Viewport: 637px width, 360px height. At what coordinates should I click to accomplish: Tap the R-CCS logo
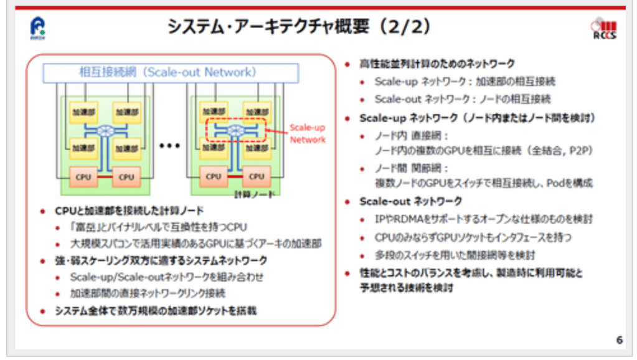[603, 29]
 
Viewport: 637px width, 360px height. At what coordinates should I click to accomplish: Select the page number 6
[619, 339]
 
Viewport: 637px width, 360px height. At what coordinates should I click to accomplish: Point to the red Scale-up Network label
[308, 133]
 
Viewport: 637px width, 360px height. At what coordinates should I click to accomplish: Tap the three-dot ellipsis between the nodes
[169, 146]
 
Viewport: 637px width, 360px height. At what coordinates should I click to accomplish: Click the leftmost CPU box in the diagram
[83, 177]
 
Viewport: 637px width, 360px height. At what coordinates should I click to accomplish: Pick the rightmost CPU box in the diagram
[257, 177]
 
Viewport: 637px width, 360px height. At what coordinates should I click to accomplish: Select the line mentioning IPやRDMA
[483, 219]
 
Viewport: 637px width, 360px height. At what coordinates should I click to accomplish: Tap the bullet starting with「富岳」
[162, 227]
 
